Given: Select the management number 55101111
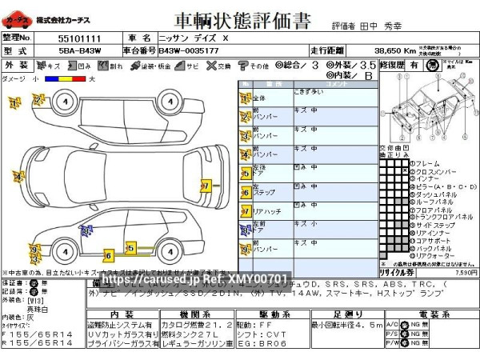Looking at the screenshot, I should (x=79, y=38).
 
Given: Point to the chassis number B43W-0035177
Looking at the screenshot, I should (x=188, y=50).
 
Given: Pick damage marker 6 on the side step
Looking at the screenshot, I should (x=108, y=256).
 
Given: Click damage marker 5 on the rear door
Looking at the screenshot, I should (x=129, y=247).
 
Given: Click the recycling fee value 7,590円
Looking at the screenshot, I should (x=465, y=272).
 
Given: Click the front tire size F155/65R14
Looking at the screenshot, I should (x=38, y=334).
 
